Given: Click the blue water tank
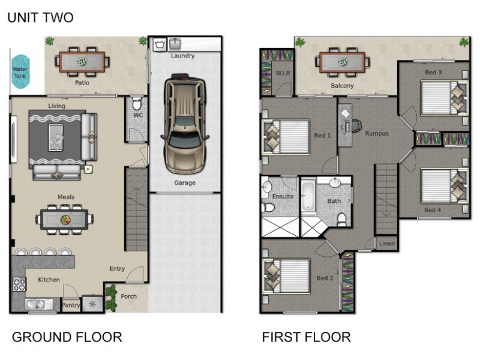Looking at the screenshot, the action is (20, 71).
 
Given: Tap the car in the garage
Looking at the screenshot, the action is (185, 124).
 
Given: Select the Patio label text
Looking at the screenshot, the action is (82, 83).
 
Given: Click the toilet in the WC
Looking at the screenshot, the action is (137, 104).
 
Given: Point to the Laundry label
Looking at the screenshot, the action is (183, 56).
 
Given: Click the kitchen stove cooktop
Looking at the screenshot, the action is (19, 284).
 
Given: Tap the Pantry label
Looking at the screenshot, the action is (71, 305).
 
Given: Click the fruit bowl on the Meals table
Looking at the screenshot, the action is (65, 220).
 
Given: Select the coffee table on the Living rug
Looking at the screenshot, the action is (56, 138).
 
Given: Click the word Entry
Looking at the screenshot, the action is (117, 268).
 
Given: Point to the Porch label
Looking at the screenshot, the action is (128, 296).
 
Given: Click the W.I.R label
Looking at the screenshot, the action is (283, 73).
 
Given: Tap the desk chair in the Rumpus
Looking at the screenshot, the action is (356, 126).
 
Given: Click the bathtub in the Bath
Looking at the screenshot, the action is (308, 196).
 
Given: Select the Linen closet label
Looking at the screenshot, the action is (387, 244).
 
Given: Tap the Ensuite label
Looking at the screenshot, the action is (283, 196).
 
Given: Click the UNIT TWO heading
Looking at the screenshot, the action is (40, 17).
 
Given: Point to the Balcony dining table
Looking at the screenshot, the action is (342, 62).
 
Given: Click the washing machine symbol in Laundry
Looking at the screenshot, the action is (160, 44).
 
